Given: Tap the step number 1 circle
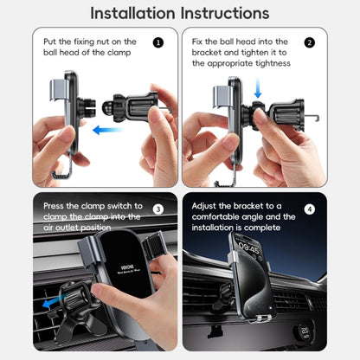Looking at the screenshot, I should coord(157,42).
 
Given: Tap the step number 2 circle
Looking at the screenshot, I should coord(309,42).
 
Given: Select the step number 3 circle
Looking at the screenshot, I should coord(157,209).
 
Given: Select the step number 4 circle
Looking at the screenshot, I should coord(310,209).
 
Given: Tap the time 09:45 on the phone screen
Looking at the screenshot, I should coord(249,246).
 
